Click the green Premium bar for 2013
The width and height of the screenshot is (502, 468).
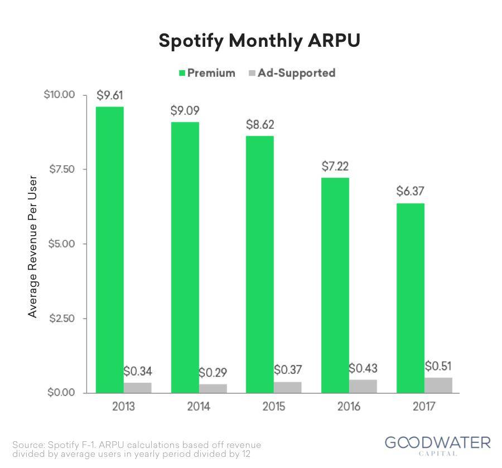pos(110,250)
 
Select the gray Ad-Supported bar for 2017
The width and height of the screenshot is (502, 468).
pos(438,385)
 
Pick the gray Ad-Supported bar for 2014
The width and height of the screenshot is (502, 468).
pos(213,388)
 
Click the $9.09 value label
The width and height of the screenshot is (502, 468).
pos(185,110)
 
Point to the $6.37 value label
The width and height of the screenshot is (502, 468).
pos(411,191)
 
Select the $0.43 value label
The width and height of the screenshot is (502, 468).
pos(363,368)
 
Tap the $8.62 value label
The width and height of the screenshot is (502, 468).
pos(260,124)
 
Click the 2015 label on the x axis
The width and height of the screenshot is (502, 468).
pos(273,407)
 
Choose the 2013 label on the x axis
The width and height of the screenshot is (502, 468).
pos(124,407)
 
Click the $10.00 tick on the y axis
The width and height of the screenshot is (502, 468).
pos(59,95)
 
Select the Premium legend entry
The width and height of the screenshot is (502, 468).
pos(207,73)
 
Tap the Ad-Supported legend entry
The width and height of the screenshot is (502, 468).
pos(292,73)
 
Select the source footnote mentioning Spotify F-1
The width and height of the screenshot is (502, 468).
pos(137,449)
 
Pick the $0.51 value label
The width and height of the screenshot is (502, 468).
pos(438,366)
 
